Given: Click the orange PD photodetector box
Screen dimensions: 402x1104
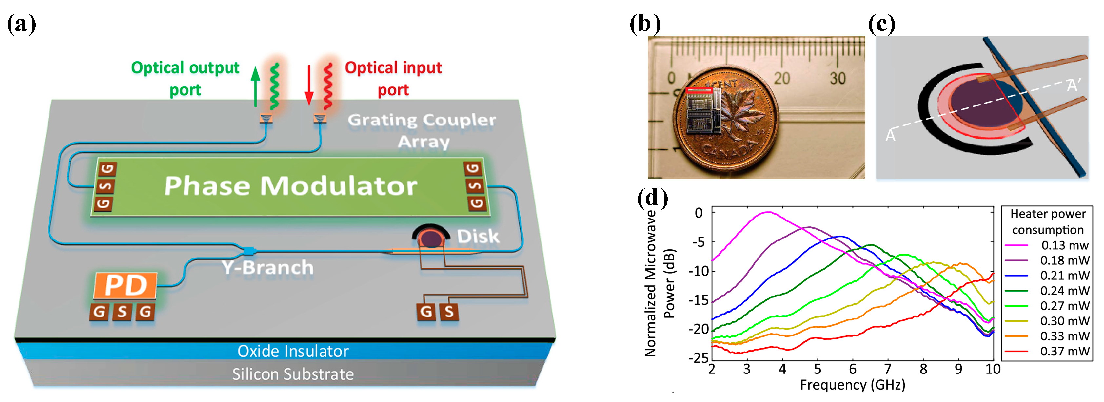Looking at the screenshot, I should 125,285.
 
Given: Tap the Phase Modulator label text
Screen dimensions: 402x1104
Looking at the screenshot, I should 290,186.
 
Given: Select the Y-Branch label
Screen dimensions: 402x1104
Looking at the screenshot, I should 267,267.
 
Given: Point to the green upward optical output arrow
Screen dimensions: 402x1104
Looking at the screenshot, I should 255,86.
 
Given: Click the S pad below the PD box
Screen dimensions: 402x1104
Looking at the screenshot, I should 122,312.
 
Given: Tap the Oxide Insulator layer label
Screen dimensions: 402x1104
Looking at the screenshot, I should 293,351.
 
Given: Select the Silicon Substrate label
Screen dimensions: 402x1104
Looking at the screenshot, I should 293,374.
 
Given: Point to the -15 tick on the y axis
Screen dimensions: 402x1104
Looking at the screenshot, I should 699,300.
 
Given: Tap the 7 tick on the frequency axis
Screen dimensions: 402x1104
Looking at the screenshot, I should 888,369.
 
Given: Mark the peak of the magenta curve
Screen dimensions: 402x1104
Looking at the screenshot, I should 768,212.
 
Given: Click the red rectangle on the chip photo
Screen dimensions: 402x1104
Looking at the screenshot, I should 699,90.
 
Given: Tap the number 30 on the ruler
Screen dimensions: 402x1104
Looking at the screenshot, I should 838,78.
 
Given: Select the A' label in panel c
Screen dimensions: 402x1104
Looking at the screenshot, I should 1074,85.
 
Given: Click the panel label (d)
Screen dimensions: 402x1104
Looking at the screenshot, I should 652,199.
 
